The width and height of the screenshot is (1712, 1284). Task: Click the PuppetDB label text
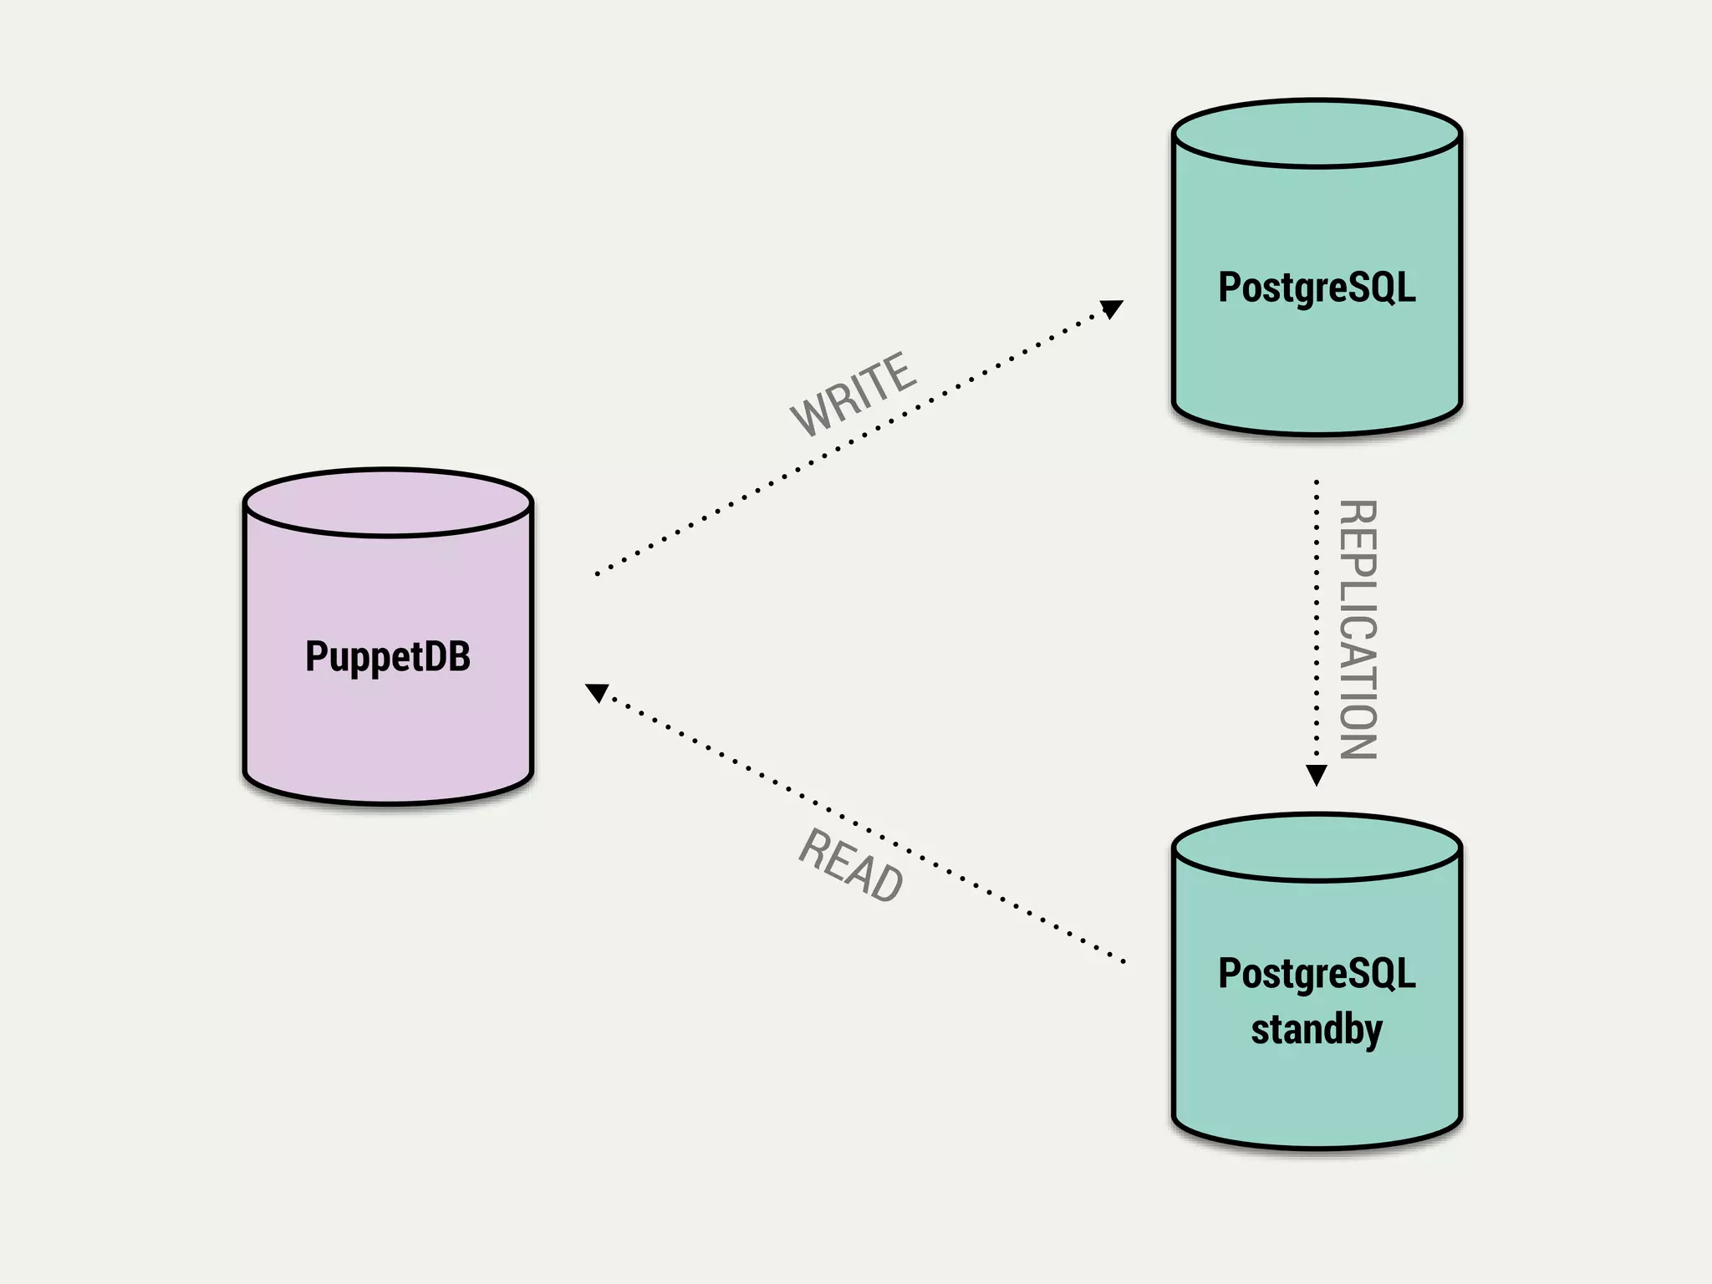coord(387,656)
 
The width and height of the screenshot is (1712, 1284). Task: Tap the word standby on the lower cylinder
coord(1316,1028)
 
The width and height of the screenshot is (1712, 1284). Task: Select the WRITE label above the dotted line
coord(853,394)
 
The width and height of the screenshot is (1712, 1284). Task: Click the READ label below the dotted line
coord(851,866)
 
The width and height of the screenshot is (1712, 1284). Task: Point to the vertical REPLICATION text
coord(1358,629)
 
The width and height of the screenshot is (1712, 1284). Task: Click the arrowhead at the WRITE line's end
coord(1111,309)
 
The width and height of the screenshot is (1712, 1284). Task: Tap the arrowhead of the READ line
coord(597,692)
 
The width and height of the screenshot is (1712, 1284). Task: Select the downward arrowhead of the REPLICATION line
coord(1316,775)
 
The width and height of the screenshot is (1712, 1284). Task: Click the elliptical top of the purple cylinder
coord(388,502)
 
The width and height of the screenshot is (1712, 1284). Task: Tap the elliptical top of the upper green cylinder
coord(1316,134)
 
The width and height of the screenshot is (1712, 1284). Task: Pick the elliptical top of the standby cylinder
coord(1316,848)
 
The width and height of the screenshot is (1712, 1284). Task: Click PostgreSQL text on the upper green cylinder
coord(1316,287)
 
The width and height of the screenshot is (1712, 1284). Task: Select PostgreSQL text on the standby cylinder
coord(1316,973)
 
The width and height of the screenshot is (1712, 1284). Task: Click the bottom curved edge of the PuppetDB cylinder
coord(388,802)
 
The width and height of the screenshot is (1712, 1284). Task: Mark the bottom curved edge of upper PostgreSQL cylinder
coord(1316,433)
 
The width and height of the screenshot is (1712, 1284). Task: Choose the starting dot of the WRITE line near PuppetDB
coord(597,574)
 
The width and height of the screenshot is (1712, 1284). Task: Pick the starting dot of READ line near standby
coord(1123,962)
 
